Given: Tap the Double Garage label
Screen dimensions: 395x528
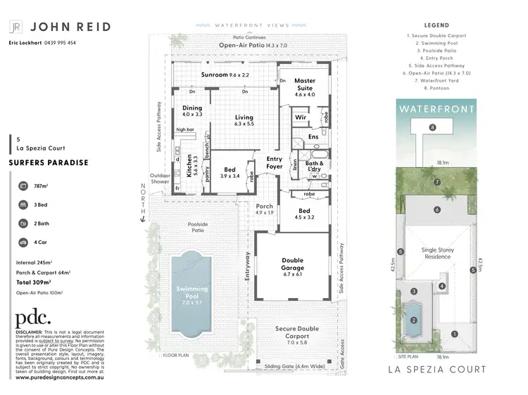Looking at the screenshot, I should click(292, 264).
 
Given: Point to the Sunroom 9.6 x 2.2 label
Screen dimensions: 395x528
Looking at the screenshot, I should click(225, 74).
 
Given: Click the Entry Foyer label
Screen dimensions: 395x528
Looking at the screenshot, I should click(274, 163).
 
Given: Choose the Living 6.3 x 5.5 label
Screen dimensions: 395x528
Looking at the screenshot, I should click(244, 120).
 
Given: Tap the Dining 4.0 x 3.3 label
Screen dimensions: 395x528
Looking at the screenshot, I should click(192, 111).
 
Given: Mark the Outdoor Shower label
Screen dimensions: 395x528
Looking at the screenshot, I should click(160, 179).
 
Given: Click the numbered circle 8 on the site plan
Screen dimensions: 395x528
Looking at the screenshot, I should click(432, 127).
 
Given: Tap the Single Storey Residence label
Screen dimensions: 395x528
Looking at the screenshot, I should click(437, 253).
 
